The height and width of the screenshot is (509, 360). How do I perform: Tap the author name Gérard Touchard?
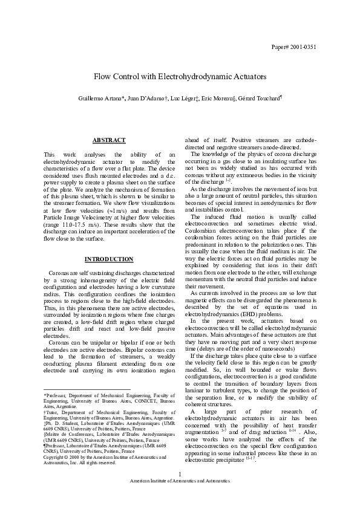tap(261, 99)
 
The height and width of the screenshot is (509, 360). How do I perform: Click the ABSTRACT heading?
tap(109, 140)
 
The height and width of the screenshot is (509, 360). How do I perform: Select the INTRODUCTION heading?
tap(109, 259)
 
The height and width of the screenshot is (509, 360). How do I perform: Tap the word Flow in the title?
tap(103, 78)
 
